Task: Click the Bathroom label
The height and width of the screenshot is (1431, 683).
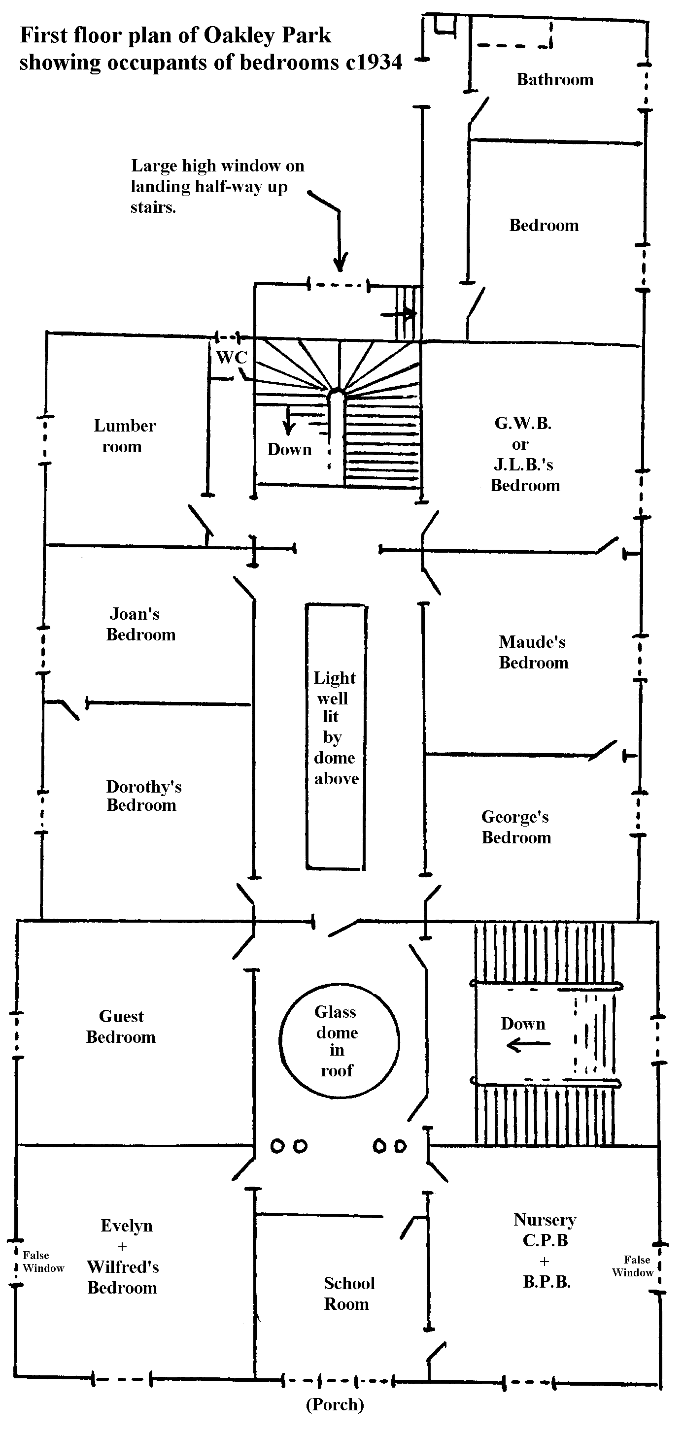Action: [554, 79]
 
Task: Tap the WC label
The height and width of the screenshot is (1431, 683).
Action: [231, 357]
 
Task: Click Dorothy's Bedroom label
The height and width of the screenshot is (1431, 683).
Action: [143, 796]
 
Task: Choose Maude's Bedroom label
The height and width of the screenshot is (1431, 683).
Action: [533, 652]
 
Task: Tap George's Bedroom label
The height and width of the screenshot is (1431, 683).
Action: [516, 827]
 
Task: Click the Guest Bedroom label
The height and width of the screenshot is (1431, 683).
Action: [121, 1026]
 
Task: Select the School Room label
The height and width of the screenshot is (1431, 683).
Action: [348, 1293]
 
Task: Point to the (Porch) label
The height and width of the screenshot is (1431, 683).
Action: [335, 1404]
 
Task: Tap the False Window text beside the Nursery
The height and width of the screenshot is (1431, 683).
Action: [634, 1266]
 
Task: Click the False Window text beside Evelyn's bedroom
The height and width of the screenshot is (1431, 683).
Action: [43, 1262]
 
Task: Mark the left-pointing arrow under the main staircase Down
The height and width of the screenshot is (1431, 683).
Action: [528, 1045]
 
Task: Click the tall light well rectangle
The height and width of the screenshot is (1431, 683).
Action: [336, 736]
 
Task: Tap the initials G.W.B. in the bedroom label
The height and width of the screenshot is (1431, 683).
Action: [522, 423]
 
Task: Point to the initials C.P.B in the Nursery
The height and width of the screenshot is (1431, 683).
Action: [545, 1240]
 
